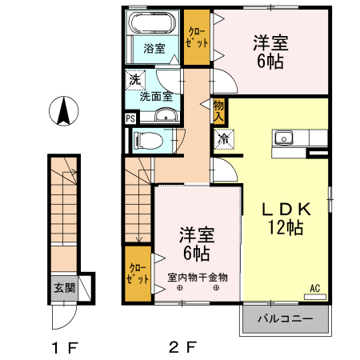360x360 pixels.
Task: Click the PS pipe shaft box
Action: pos(130,119)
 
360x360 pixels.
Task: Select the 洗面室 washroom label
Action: pos(156,96)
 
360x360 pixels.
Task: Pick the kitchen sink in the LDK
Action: pos(284,138)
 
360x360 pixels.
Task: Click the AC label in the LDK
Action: pos(314,289)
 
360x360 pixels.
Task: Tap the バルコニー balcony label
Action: pos(285,319)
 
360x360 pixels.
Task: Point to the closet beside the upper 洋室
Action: pos(195,36)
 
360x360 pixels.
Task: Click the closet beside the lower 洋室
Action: pos(137,274)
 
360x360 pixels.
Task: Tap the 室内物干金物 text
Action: pos(198,278)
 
